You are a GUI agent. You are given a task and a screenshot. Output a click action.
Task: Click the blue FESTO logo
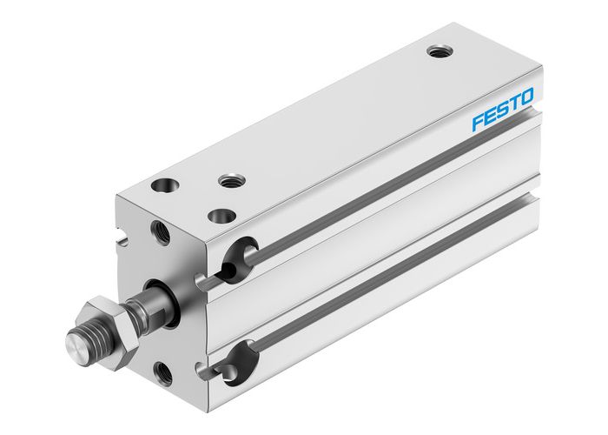tap(503, 110)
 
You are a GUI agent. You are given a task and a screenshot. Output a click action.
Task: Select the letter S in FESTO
tap(503, 110)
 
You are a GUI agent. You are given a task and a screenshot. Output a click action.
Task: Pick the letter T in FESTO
tap(515, 104)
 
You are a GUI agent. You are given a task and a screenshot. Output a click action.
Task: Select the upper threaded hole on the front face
tap(162, 231)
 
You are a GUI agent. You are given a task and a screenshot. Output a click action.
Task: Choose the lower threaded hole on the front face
tap(162, 372)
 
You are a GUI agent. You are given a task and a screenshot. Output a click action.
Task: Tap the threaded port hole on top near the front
tap(231, 181)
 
